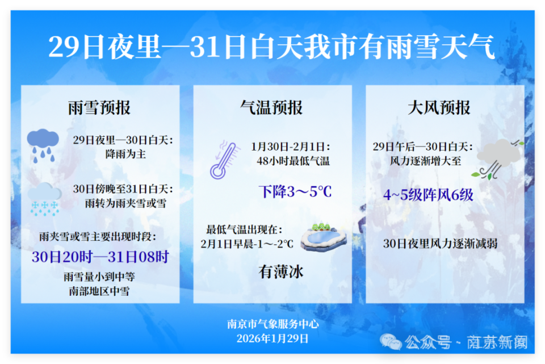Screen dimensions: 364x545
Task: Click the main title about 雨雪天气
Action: coord(271,48)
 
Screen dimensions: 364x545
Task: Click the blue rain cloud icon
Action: coord(44,144)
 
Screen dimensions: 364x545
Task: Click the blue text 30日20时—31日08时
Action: coord(100,257)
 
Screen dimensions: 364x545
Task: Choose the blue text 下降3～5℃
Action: coord(295,191)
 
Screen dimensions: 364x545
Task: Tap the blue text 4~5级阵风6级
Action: coord(428,195)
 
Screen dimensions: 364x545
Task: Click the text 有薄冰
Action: coord(281,272)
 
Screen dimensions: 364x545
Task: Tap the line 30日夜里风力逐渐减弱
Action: coord(441,244)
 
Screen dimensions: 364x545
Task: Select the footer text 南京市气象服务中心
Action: coord(273,324)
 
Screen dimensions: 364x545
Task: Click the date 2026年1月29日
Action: coord(273,338)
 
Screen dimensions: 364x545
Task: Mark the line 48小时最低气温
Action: coord(293,161)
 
